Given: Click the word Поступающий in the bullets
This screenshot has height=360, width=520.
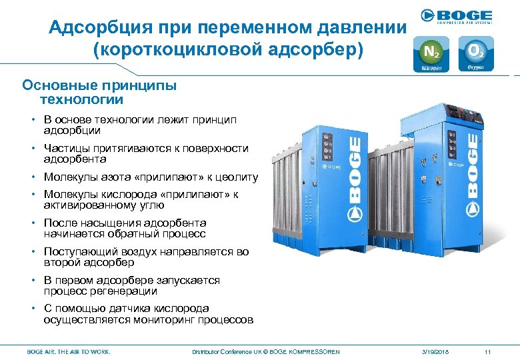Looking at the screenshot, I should pyautogui.click(x=79, y=251).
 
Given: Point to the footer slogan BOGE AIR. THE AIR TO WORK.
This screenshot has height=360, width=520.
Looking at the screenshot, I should pyautogui.click(x=69, y=351).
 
